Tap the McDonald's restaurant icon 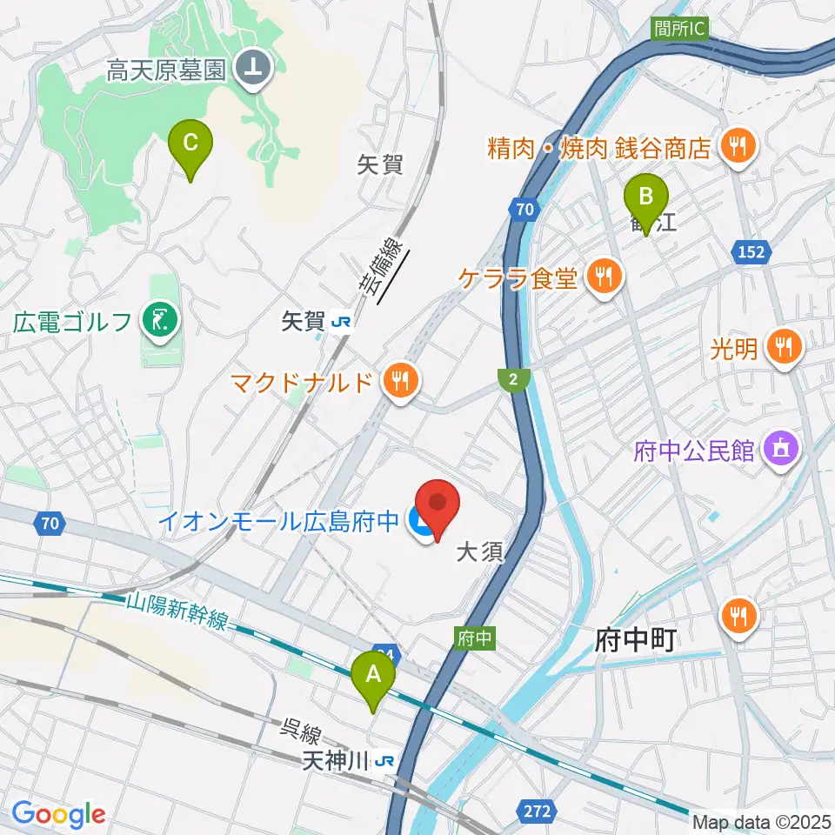pos(401,381)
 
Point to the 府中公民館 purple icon pos(776,449)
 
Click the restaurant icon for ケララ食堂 pos(602,278)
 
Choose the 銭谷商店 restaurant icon pos(739,146)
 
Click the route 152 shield pos(753,251)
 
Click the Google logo pos(58,815)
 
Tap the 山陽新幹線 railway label pos(178,611)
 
